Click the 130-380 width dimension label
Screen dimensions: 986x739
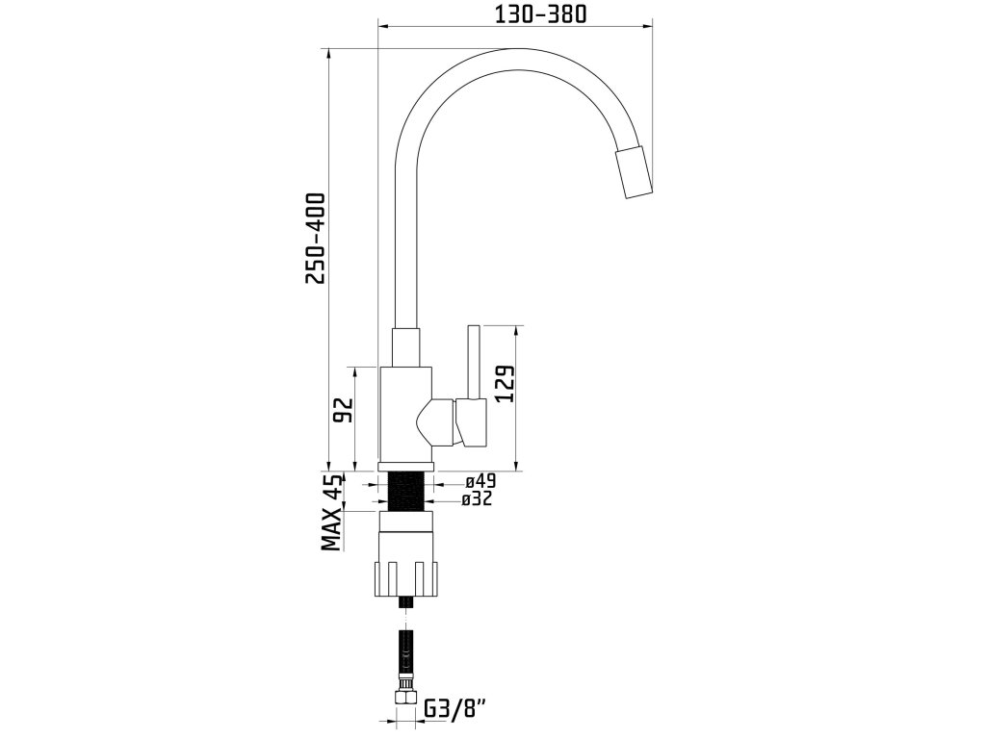[540, 13]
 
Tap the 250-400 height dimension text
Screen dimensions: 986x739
[315, 239]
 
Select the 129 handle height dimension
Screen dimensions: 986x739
[505, 383]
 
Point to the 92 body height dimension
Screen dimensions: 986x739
[343, 410]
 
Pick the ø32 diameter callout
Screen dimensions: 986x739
[477, 499]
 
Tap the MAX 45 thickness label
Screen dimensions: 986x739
[332, 512]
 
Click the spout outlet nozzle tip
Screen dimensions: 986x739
[634, 172]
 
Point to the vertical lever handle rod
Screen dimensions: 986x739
[474, 362]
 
